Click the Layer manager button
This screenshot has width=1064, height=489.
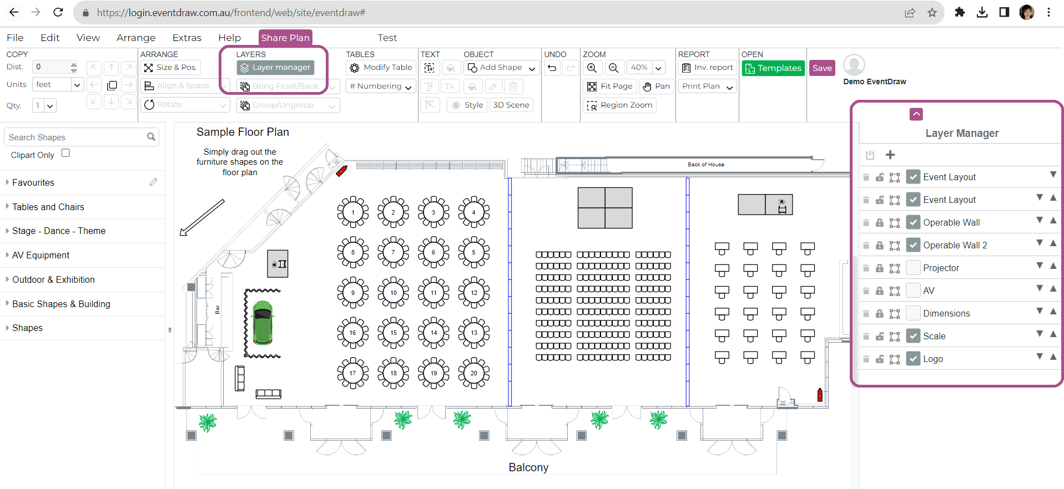(x=276, y=68)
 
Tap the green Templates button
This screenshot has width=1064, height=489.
(x=773, y=68)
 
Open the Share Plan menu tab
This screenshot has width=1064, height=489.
(x=285, y=38)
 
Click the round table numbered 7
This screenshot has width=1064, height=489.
(x=393, y=252)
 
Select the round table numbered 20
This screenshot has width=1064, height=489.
(x=473, y=373)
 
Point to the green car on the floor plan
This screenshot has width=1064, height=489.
(x=263, y=322)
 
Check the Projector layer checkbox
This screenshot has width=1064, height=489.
(x=913, y=268)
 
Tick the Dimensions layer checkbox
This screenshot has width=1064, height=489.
(x=913, y=313)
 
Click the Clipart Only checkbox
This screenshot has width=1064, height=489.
(x=65, y=154)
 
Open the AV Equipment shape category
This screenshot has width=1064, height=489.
(x=41, y=255)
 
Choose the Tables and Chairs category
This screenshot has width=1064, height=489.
(x=48, y=207)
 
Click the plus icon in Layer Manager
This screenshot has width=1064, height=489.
(x=890, y=155)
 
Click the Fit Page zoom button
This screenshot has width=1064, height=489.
(x=610, y=86)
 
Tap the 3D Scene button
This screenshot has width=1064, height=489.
(x=511, y=105)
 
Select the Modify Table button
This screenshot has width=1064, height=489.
(x=381, y=68)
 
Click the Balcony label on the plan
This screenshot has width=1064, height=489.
(x=528, y=467)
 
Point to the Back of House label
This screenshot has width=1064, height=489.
(x=705, y=165)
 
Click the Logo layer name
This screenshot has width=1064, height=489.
(x=933, y=359)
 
